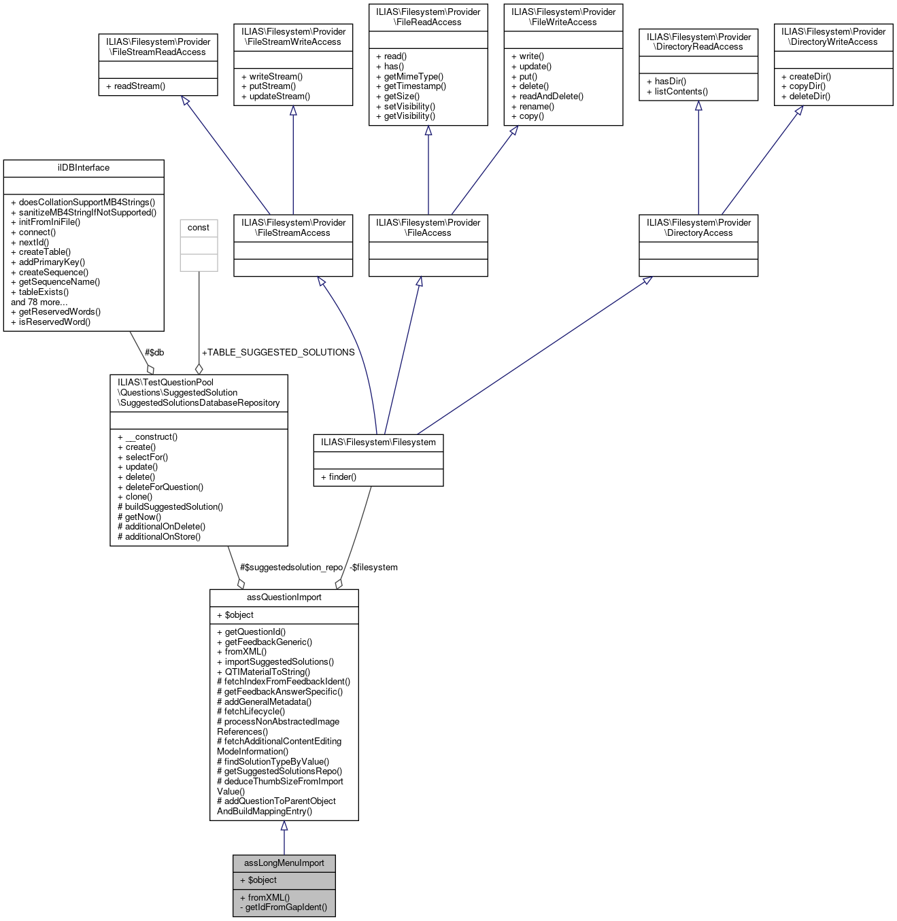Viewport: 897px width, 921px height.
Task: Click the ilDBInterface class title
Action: pyautogui.click(x=84, y=168)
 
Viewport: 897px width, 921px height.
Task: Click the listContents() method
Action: pyautogui.click(x=681, y=92)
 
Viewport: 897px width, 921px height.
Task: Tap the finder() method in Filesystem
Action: pyautogui.click(x=342, y=477)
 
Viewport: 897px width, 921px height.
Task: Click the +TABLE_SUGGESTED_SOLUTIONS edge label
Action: pyautogui.click(x=278, y=353)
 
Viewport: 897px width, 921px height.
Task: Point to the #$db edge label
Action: pyautogui.click(x=154, y=353)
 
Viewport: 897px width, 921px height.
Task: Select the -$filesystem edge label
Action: pyautogui.click(x=373, y=568)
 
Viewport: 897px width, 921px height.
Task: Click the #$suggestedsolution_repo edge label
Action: pyautogui.click(x=291, y=568)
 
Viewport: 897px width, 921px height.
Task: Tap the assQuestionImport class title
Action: pyautogui.click(x=284, y=597)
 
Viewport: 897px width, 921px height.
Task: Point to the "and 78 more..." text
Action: pyautogui.click(x=39, y=302)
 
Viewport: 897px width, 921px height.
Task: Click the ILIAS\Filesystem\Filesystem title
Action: pyautogui.click(x=378, y=442)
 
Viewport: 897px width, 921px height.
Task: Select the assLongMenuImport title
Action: pyautogui.click(x=284, y=863)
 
